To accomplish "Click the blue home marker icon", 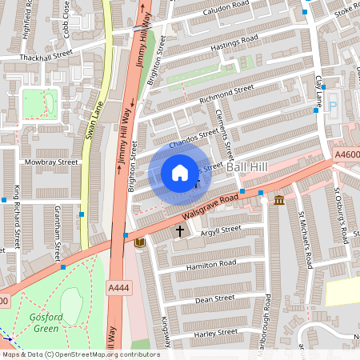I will tap(180, 173).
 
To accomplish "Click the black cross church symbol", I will tap(180, 232).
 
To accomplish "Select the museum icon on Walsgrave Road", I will tap(279, 200).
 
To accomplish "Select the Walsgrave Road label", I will tap(210, 206).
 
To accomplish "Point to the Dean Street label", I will tap(214, 299).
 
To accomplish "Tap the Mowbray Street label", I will tap(51, 162).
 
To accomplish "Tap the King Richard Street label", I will tap(17, 215).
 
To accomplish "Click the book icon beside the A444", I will tap(141, 242).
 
